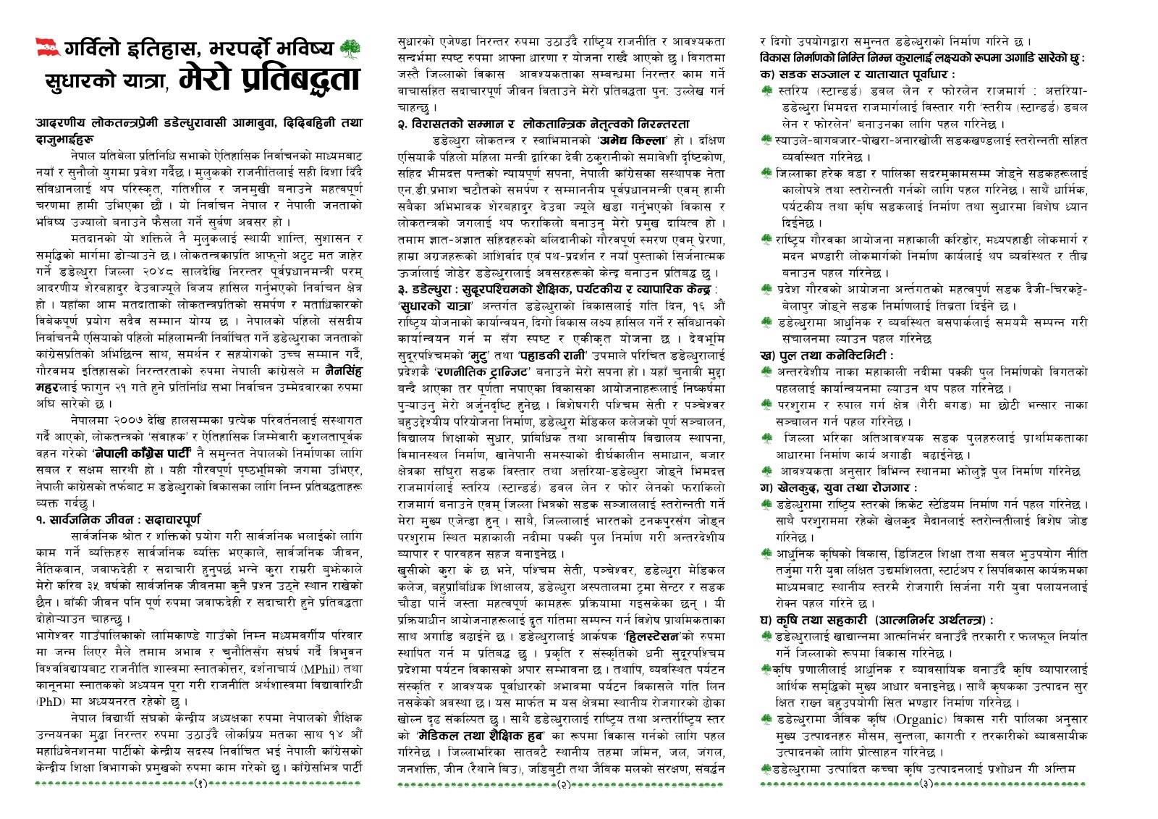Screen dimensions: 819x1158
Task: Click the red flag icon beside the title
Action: (48, 48)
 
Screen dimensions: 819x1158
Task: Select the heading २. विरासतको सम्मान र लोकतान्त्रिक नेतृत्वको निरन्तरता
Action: (543, 124)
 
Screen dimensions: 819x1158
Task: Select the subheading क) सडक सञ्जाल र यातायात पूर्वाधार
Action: (857, 75)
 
